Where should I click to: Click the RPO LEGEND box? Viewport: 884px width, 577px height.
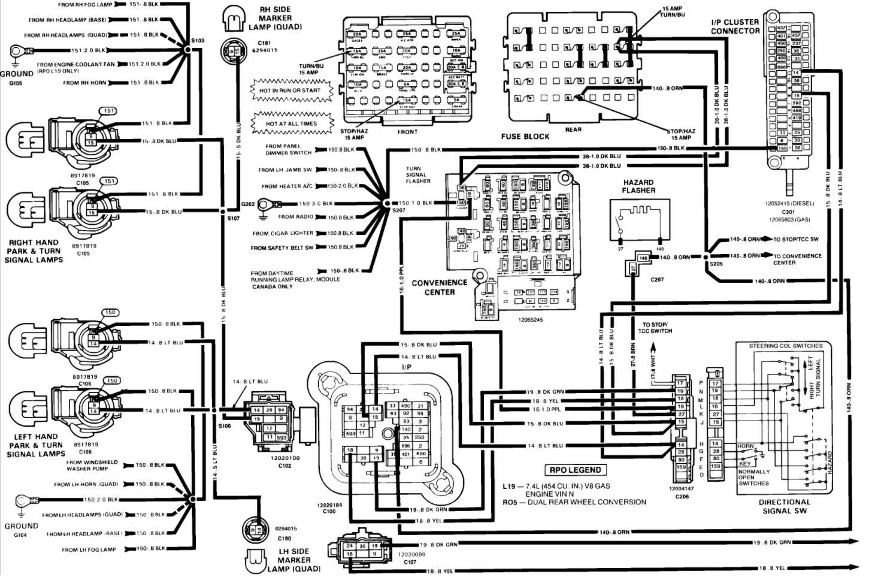(x=575, y=470)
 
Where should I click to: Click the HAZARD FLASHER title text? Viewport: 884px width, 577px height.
(x=638, y=186)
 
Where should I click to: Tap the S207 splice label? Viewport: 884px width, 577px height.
(x=399, y=212)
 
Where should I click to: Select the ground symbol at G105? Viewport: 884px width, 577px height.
(x=16, y=54)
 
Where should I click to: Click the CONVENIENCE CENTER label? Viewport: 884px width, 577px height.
(x=440, y=288)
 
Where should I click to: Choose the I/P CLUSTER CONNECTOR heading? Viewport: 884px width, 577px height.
(x=735, y=26)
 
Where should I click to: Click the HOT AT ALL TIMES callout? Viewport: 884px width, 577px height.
(x=292, y=123)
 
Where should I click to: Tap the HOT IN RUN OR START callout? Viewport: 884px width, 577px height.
(x=290, y=90)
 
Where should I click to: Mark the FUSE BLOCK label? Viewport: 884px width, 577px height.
(x=525, y=137)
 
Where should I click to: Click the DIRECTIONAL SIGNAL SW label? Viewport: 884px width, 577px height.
(x=785, y=506)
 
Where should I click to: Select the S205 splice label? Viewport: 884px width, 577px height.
(x=716, y=264)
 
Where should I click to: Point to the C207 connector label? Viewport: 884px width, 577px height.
(x=657, y=279)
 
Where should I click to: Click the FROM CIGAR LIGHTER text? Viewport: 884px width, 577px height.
(x=283, y=233)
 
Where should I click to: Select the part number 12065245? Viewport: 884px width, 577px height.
(x=531, y=320)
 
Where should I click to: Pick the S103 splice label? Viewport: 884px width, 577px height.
(x=198, y=41)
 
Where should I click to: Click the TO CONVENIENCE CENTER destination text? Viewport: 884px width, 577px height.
(x=797, y=259)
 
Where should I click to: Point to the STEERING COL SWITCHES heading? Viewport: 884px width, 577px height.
(x=786, y=346)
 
